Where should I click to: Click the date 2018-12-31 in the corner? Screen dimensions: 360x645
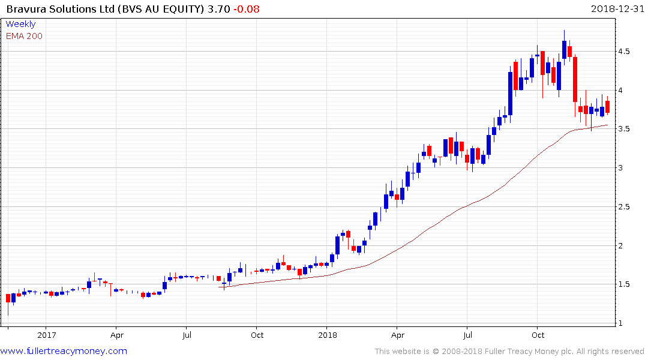click(616, 8)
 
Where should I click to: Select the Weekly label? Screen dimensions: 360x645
click(20, 24)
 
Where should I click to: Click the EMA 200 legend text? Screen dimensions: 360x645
click(24, 36)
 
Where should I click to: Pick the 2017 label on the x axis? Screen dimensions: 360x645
click(46, 334)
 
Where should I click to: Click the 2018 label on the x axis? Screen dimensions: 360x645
click(327, 334)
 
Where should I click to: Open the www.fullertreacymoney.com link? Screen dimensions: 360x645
click(64, 351)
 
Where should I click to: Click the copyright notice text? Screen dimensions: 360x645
click(509, 351)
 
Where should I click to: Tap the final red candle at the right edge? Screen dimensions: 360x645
click(608, 107)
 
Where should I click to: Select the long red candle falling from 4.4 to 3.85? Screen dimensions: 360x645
click(575, 79)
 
